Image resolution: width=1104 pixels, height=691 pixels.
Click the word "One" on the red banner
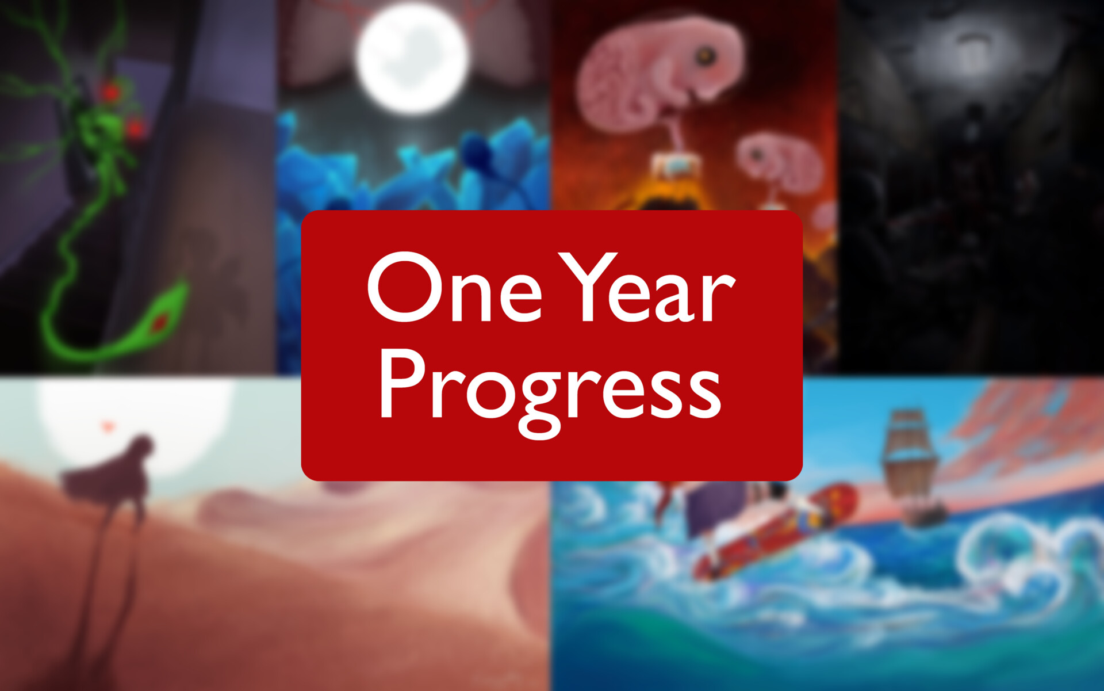(x=454, y=288)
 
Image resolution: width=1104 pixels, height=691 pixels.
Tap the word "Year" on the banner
(x=647, y=288)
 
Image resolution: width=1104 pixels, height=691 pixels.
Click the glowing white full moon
(x=412, y=56)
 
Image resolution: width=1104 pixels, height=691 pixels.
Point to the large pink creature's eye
(x=706, y=56)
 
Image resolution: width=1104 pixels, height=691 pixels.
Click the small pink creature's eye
(x=755, y=154)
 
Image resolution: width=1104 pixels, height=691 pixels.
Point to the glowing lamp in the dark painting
(x=972, y=49)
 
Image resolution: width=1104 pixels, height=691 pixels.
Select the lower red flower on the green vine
(x=135, y=128)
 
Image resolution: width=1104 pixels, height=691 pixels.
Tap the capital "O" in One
(x=405, y=288)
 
